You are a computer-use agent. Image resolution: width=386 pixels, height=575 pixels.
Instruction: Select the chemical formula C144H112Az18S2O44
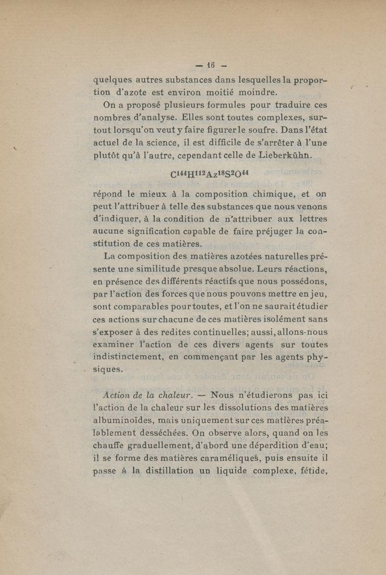211,174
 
